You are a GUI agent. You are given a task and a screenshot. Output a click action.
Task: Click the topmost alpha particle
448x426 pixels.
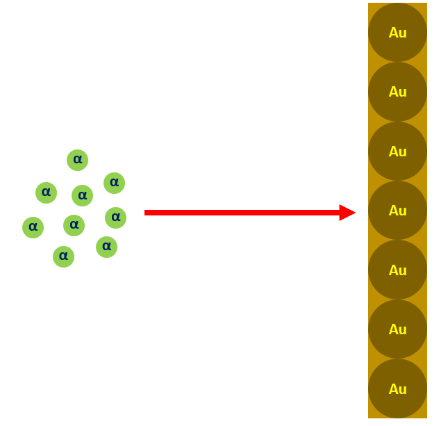pos(77,160)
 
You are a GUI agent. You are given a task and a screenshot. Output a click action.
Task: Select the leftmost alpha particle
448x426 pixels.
pos(33,227)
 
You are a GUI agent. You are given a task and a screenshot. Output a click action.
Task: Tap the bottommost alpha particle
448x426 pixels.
pos(63,256)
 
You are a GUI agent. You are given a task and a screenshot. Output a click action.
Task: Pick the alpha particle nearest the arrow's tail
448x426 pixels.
pos(115,218)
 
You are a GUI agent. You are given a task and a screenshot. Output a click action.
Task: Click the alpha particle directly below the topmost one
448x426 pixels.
pos(82,195)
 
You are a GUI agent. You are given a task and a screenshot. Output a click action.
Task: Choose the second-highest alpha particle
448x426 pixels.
pos(114,183)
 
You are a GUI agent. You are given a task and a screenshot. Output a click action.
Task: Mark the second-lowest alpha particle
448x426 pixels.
pos(106,247)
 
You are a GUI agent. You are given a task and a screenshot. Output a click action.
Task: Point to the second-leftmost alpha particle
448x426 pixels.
pos(46,192)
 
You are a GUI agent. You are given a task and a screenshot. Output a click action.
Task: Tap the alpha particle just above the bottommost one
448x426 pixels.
pos(74,225)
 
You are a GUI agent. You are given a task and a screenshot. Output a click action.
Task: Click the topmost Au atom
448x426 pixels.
pos(397,33)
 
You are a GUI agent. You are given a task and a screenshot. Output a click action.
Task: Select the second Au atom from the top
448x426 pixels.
pos(397,92)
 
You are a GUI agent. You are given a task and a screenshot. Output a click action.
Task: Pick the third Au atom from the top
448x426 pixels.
pos(397,151)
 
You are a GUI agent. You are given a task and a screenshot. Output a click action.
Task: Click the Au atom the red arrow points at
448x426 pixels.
pos(397,211)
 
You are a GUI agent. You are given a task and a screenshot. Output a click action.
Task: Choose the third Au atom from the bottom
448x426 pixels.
pos(397,270)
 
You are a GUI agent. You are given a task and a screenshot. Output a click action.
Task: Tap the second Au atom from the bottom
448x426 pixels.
pos(397,329)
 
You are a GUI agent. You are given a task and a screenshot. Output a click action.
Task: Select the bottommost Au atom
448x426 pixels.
pos(397,388)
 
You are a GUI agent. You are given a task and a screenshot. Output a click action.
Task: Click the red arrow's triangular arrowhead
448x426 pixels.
pos(347,213)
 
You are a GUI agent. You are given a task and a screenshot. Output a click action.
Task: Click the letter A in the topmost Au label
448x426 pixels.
pos(393,33)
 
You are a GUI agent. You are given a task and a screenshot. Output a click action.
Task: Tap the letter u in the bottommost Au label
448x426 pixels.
pos(403,389)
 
